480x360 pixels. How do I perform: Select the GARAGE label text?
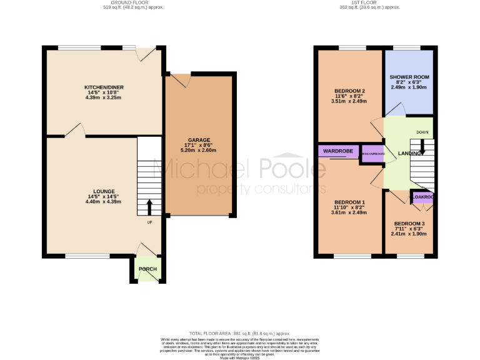pos(199,140)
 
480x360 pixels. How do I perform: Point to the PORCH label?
pos(148,269)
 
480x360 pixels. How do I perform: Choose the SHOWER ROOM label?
pos(409,77)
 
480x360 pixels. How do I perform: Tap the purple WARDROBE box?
pos(339,151)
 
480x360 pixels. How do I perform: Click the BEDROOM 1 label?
pos(349,202)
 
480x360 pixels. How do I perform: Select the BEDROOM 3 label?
pos(409,224)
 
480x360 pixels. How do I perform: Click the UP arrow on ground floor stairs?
pos(149,207)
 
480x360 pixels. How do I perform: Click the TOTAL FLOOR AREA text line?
pos(240,334)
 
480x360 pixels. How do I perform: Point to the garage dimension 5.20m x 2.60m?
pos(199,151)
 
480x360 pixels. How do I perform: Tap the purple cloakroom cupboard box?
pos(422,197)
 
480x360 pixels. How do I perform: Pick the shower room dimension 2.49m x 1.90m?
pos(409,87)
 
